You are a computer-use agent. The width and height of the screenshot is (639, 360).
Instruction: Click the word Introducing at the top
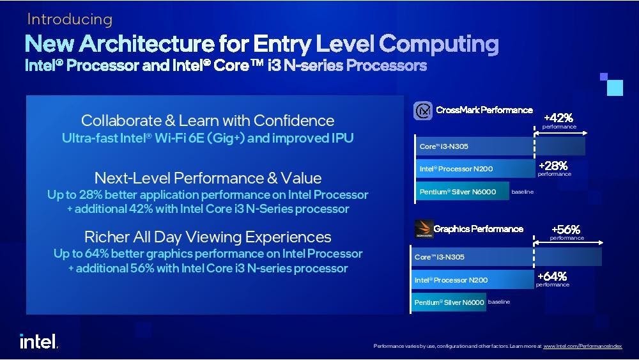[x=70, y=19]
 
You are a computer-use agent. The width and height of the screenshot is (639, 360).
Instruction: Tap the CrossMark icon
[x=423, y=111]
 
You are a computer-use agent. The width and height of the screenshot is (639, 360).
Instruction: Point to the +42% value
[x=558, y=118]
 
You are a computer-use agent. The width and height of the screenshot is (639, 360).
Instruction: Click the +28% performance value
[x=553, y=166]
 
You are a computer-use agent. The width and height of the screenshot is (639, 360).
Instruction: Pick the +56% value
[x=566, y=230]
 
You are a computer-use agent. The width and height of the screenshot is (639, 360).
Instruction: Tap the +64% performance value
[x=552, y=276]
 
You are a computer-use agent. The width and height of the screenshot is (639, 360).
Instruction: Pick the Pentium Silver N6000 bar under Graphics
[x=449, y=302]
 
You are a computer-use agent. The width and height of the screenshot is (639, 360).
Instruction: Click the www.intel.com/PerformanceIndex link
[x=582, y=346]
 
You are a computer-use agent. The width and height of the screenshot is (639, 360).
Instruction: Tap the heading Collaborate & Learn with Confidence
[x=208, y=120]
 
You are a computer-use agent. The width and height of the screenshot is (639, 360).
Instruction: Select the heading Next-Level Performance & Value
[x=208, y=177]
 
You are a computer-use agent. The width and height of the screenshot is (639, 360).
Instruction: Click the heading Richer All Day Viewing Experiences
[x=208, y=237]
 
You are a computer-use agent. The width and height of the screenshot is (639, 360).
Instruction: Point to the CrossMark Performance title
[x=484, y=110]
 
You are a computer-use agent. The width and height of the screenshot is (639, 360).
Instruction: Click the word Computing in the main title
[x=438, y=44]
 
